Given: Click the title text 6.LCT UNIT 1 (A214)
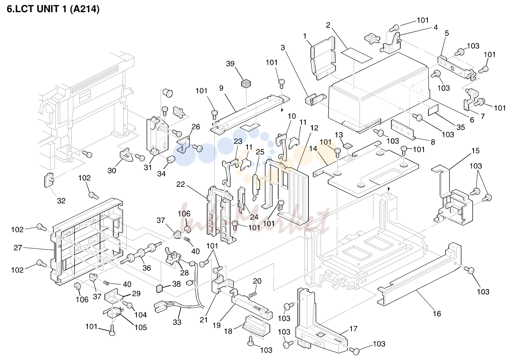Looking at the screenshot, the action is pyautogui.click(x=53, y=9).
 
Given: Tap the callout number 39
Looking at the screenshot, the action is pyautogui.click(x=230, y=64).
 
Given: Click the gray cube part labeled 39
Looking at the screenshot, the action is pyautogui.click(x=246, y=83).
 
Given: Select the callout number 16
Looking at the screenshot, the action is pyautogui.click(x=437, y=314).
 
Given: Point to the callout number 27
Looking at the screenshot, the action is pyautogui.click(x=18, y=248).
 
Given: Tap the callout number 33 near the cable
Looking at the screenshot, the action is pyautogui.click(x=177, y=322).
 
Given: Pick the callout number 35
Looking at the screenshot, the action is pyautogui.click(x=460, y=127).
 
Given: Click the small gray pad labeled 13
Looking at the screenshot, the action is pyautogui.click(x=348, y=145).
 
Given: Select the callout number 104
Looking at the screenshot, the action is pyautogui.click(x=140, y=315).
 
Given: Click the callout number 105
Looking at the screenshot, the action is pyautogui.click(x=140, y=327).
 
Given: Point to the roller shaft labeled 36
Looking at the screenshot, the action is pyautogui.click(x=141, y=254).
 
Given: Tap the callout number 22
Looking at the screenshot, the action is pyautogui.click(x=180, y=184).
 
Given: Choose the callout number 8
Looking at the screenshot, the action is pyautogui.click(x=433, y=142).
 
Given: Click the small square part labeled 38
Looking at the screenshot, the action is pyautogui.click(x=159, y=289).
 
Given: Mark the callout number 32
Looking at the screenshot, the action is pyautogui.click(x=61, y=201).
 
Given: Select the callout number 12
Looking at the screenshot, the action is pyautogui.click(x=314, y=128).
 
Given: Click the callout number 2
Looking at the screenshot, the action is pyautogui.click(x=328, y=25).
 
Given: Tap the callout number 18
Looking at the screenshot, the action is pyautogui.click(x=228, y=331).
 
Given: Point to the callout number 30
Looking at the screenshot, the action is pyautogui.click(x=112, y=170).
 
